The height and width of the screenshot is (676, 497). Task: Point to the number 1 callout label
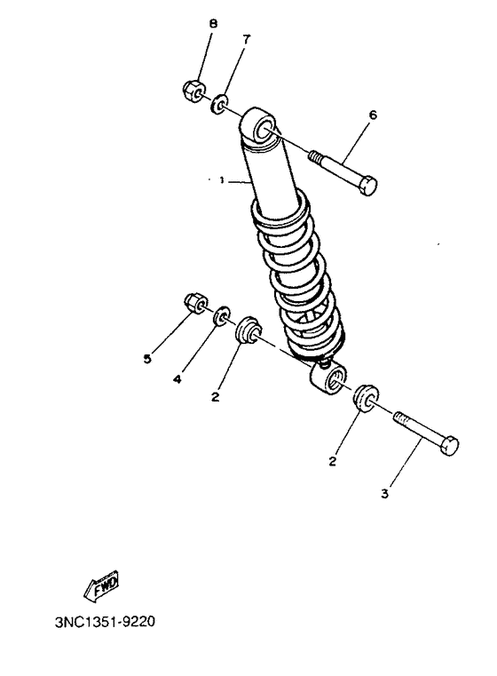(x=221, y=180)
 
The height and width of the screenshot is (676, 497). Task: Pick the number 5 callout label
(x=146, y=359)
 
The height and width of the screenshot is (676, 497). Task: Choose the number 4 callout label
(x=177, y=379)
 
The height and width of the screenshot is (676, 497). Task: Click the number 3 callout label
(x=385, y=494)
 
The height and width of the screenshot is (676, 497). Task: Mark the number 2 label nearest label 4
(x=215, y=397)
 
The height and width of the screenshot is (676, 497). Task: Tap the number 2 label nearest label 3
(x=332, y=461)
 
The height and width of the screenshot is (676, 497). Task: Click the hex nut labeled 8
(x=193, y=89)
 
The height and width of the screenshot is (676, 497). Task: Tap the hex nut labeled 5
(x=194, y=304)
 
